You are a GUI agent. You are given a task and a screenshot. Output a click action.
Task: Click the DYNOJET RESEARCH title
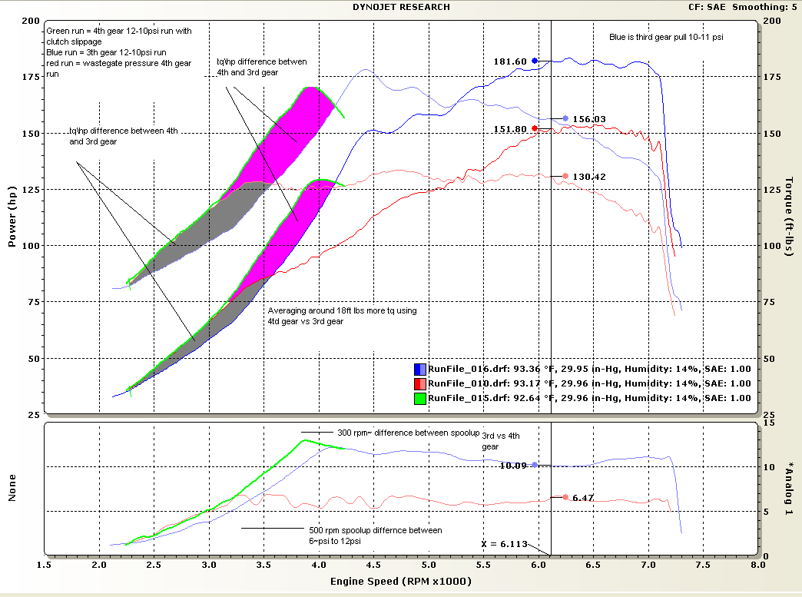401,7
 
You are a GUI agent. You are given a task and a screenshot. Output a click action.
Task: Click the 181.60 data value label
510,61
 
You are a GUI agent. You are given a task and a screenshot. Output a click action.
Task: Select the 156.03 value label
589,119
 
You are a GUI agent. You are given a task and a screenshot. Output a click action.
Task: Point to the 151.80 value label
510,129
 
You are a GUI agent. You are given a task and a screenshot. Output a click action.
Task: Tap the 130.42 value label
589,177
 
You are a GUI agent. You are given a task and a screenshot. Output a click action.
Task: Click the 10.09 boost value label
512,465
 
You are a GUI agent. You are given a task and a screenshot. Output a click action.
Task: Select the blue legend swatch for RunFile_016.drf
420,370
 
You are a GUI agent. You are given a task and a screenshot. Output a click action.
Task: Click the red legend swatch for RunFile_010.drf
420,383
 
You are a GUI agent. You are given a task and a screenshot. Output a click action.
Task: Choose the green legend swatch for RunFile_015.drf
420,398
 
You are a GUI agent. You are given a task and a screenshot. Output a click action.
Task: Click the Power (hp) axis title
12,219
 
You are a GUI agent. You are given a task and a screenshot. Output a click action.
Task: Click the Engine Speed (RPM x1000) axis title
401,582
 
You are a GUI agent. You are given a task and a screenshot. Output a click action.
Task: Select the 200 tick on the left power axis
31,21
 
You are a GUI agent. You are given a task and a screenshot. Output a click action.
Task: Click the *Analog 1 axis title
789,487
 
